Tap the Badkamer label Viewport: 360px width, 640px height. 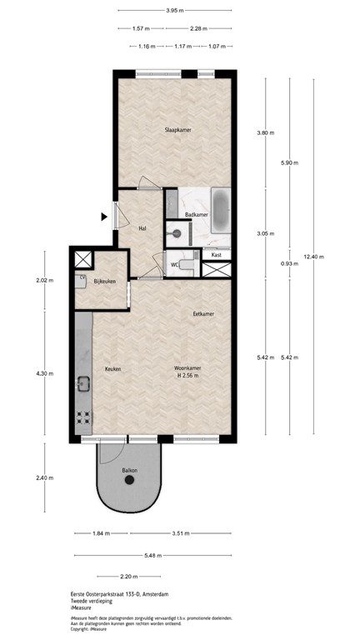coord(197,215)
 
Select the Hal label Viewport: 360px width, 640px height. coord(143,227)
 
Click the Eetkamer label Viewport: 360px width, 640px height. coord(204,314)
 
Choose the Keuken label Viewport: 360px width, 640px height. coord(113,368)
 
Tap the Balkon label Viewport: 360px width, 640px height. coord(129,471)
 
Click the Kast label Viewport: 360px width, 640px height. coord(217,254)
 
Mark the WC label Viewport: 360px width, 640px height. coord(175,265)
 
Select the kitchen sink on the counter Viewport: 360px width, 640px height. coord(84,384)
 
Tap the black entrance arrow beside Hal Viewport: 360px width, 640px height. coord(104,217)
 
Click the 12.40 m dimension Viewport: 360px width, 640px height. coord(312,257)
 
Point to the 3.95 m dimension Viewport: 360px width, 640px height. coord(174,11)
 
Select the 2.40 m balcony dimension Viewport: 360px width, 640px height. coord(44,477)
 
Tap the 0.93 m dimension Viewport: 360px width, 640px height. coord(265,263)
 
